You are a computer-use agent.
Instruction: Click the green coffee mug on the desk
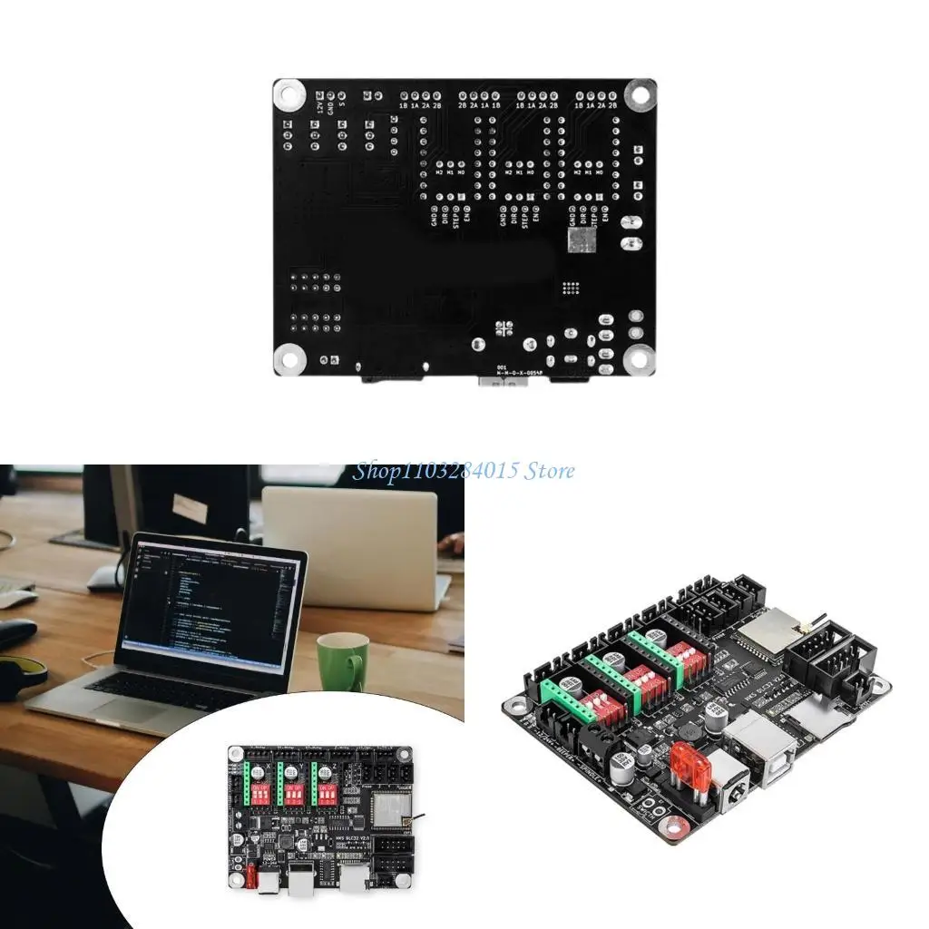pyautogui.click(x=342, y=660)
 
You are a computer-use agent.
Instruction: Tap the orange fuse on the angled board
pyautogui.click(x=686, y=760)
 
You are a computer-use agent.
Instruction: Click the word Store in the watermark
pyautogui.click(x=550, y=470)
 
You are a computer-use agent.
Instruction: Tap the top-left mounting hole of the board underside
pyautogui.click(x=289, y=93)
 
